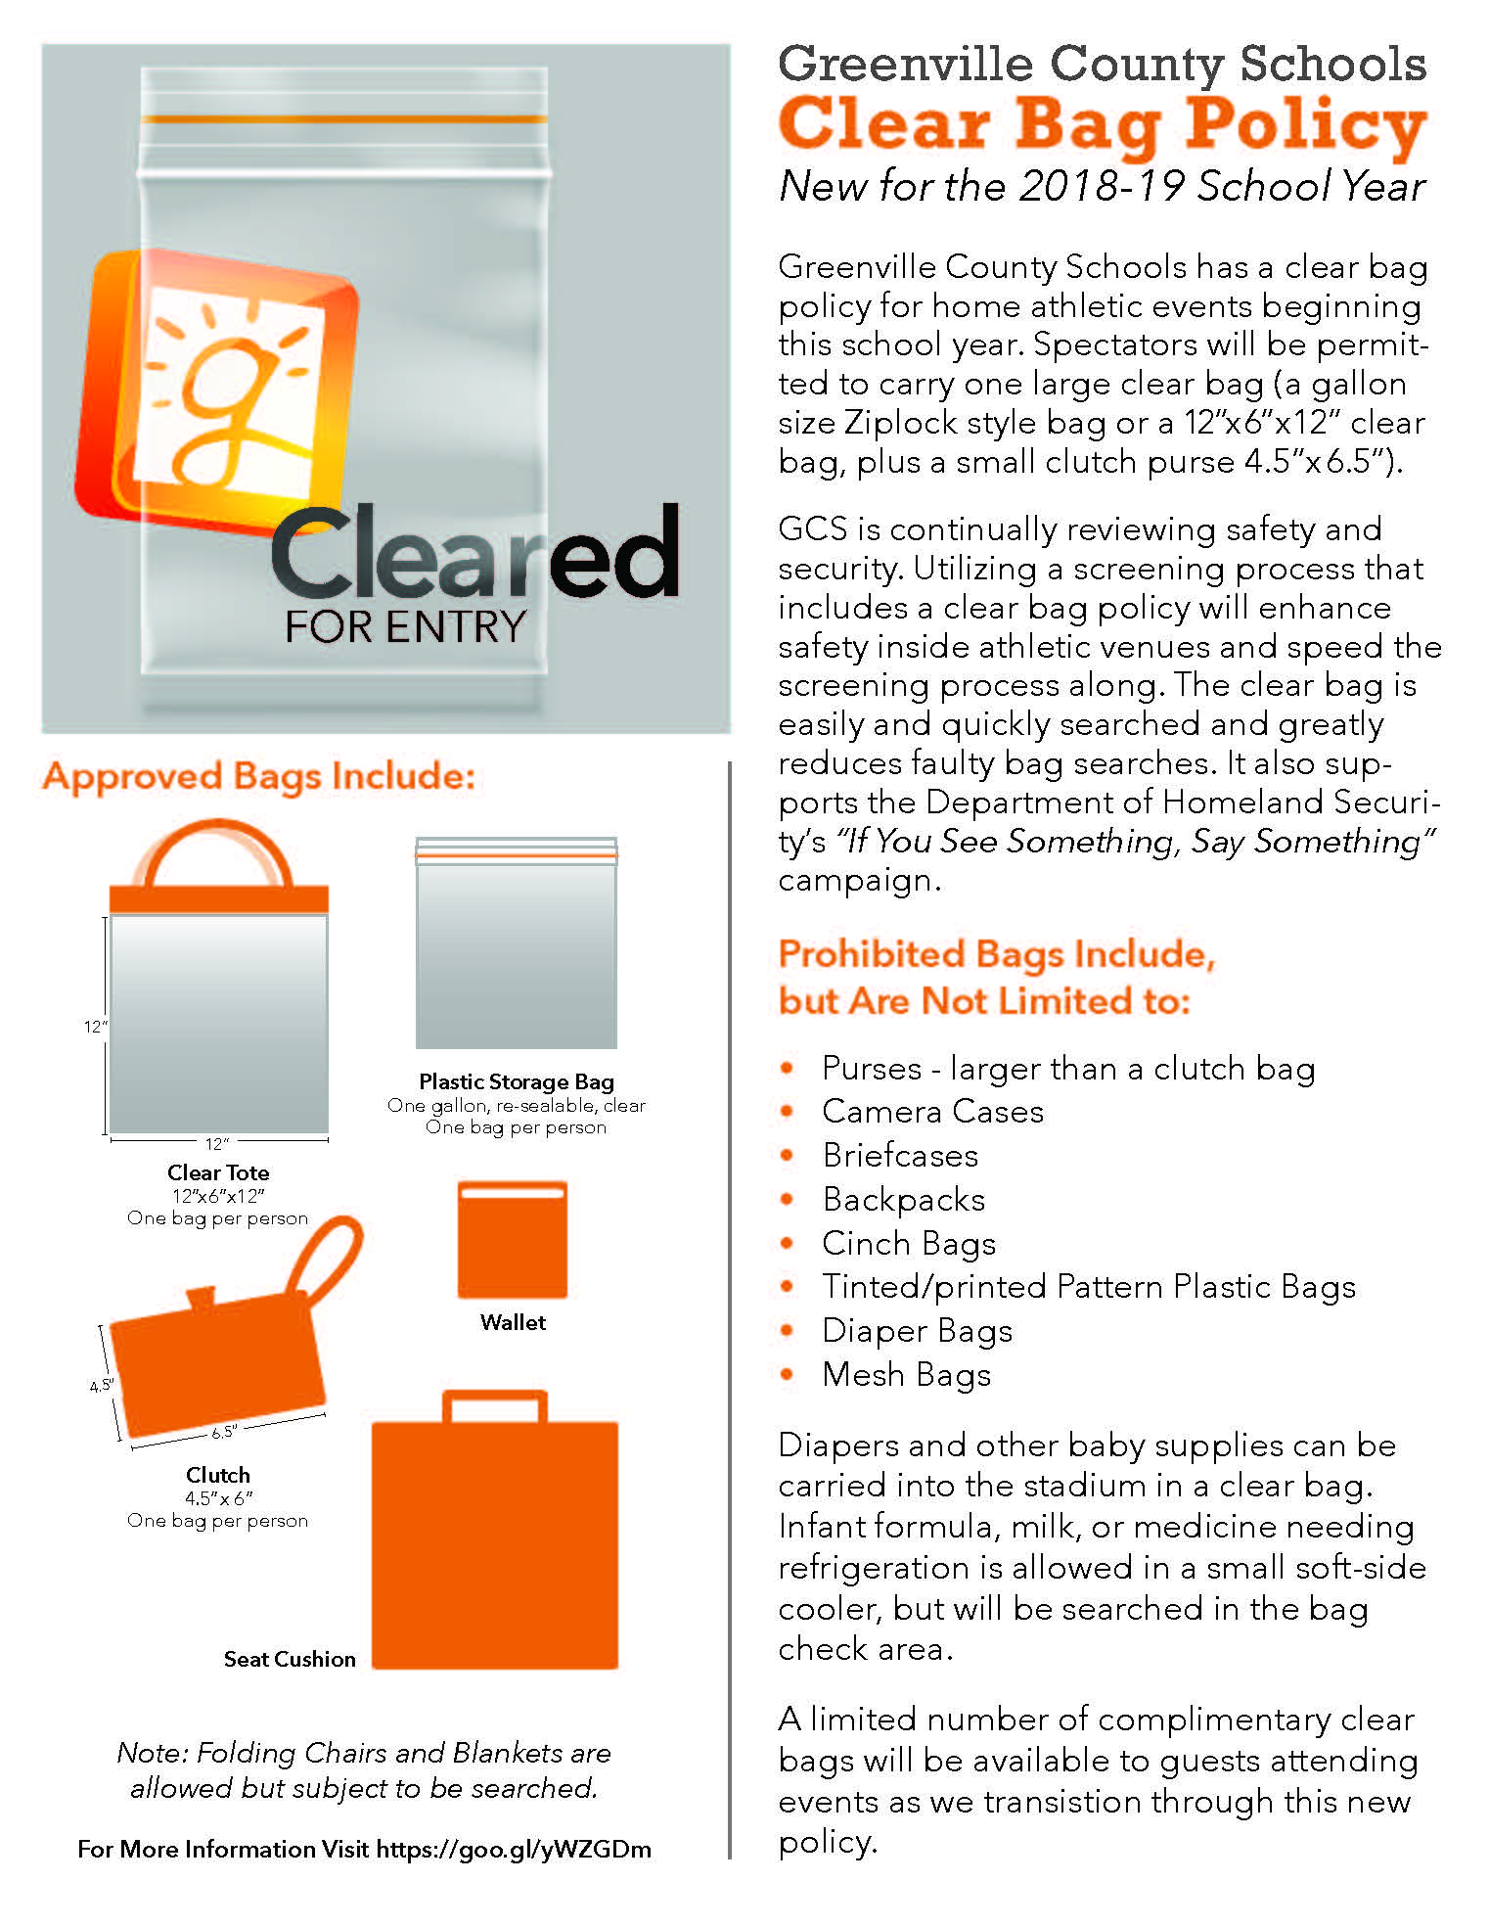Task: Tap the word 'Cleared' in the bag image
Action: (474, 554)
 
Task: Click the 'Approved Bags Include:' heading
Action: (259, 776)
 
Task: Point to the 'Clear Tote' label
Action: (218, 1172)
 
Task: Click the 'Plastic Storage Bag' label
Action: (517, 1081)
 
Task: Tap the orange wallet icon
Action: (513, 1240)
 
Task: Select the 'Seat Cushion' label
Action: (290, 1659)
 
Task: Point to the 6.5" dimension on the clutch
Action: (223, 1432)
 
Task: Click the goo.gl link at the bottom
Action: (514, 1849)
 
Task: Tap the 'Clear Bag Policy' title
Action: (1103, 125)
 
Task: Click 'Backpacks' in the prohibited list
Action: (904, 1199)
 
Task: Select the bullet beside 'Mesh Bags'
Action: (788, 1374)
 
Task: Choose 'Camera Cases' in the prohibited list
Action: (932, 1112)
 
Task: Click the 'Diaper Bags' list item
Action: (917, 1331)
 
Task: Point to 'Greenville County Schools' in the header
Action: (1103, 65)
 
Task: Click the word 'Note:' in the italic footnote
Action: (152, 1753)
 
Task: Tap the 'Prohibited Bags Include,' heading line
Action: (996, 954)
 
